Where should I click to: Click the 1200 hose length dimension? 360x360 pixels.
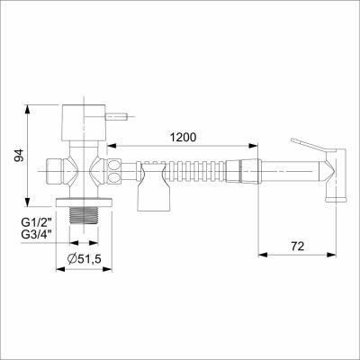pyautogui.click(x=183, y=137)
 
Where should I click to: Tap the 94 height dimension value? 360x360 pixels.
pyautogui.click(x=20, y=156)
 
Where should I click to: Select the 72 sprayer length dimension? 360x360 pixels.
pyautogui.click(x=297, y=246)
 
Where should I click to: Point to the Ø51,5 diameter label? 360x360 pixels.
pyautogui.click(x=84, y=258)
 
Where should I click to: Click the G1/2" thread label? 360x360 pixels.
pyautogui.click(x=37, y=222)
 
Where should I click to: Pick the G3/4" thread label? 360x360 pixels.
pyautogui.click(x=37, y=234)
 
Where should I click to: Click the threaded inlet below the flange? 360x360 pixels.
pyautogui.click(x=84, y=215)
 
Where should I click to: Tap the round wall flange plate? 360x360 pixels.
pyautogui.click(x=84, y=202)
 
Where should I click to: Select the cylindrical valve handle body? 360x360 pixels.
pyautogui.click(x=84, y=122)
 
